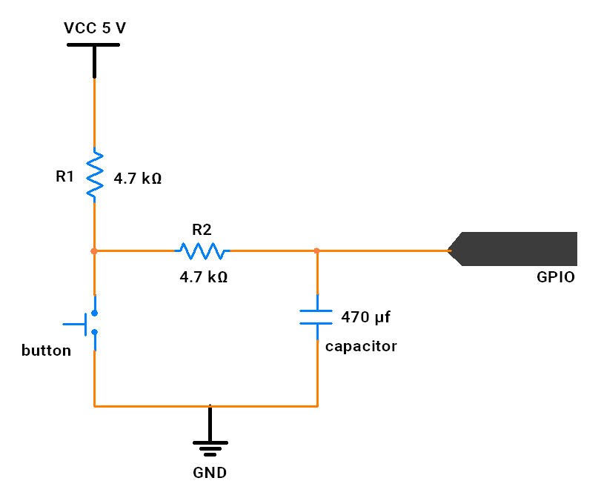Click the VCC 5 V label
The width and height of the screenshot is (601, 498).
(95, 28)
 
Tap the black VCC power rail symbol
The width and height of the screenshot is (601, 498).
(94, 58)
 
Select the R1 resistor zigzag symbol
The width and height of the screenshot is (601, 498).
(95, 175)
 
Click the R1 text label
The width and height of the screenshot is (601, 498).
(64, 176)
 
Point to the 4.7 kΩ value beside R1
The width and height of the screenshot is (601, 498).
(138, 179)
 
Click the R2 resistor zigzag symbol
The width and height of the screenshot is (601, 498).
(202, 250)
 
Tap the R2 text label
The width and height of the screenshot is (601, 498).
(202, 230)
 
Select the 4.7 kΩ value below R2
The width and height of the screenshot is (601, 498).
(204, 277)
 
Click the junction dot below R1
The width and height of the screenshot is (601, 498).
(94, 251)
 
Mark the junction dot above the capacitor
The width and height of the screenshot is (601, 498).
(316, 251)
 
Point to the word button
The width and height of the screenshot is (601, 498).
(47, 351)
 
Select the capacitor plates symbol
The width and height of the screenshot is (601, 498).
(316, 317)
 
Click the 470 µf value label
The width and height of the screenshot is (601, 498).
(365, 317)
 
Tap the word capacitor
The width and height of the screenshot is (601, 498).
(361, 347)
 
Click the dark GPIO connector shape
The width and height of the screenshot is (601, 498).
(513, 249)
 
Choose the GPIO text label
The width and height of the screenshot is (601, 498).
(556, 277)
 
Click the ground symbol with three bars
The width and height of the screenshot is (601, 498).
(210, 431)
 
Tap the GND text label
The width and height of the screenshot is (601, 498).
(210, 473)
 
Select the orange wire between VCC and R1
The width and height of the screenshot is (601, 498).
(94, 113)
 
